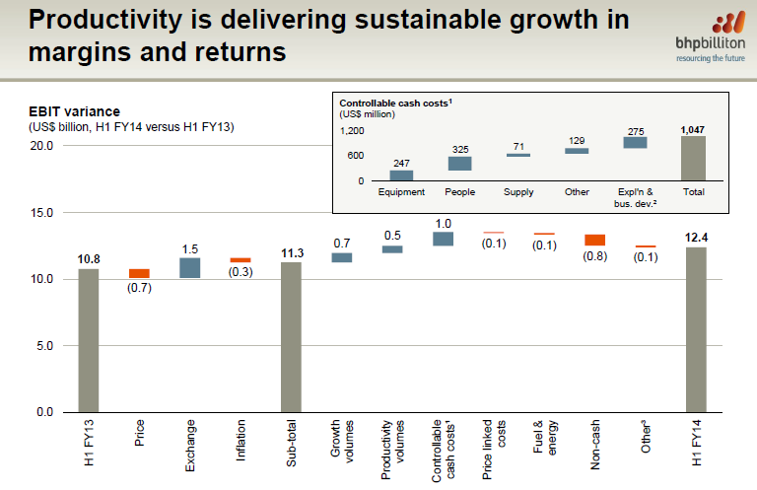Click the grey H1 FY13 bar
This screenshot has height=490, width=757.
click(x=89, y=340)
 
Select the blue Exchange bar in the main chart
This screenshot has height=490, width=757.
click(x=189, y=268)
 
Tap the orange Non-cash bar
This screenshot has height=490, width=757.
click(x=594, y=240)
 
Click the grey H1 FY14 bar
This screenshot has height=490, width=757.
click(x=696, y=329)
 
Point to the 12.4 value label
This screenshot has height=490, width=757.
click(x=696, y=237)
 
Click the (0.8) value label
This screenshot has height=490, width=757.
click(x=594, y=255)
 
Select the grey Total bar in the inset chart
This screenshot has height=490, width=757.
click(x=693, y=158)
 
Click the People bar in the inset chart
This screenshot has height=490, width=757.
click(x=460, y=163)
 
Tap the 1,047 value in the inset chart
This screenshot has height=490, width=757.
click(x=693, y=129)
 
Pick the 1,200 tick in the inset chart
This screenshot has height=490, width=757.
click(x=352, y=130)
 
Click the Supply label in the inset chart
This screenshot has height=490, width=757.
click(x=518, y=191)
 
